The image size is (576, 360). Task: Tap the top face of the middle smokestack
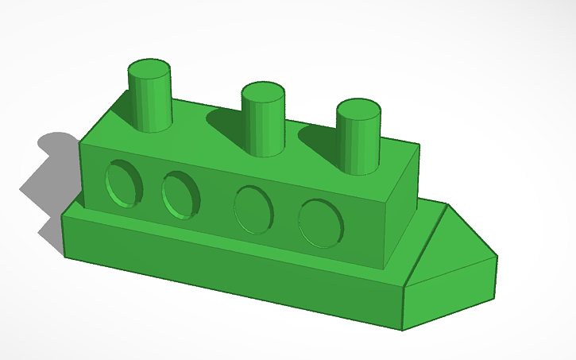click(263, 92)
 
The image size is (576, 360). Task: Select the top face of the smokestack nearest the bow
click(358, 110)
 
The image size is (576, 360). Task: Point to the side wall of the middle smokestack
click(263, 127)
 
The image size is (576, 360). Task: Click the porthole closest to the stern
click(122, 184)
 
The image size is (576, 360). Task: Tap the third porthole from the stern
click(253, 209)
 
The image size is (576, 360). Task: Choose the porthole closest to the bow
click(321, 223)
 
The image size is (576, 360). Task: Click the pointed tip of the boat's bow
click(497, 257)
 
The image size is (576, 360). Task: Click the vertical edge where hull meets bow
click(404, 307)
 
